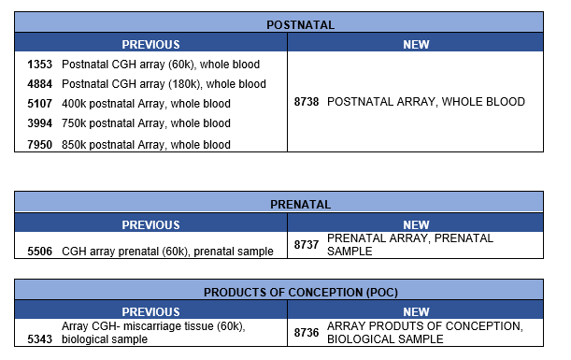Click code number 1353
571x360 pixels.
coord(41,65)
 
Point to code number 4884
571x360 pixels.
coord(41,84)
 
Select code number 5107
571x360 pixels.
coord(41,104)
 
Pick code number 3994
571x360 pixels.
coord(41,123)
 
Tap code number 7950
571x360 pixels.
coord(41,144)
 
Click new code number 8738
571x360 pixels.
coord(308,102)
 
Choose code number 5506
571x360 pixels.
coord(41,251)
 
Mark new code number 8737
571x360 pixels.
coord(307,245)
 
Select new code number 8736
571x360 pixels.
coord(307,332)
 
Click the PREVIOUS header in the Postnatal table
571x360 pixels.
coord(150,44)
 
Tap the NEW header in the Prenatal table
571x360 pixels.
coord(416,224)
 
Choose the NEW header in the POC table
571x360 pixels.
coord(416,311)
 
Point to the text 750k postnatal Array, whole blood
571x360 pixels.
coord(146,123)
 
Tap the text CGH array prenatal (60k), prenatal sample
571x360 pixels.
coord(167,251)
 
